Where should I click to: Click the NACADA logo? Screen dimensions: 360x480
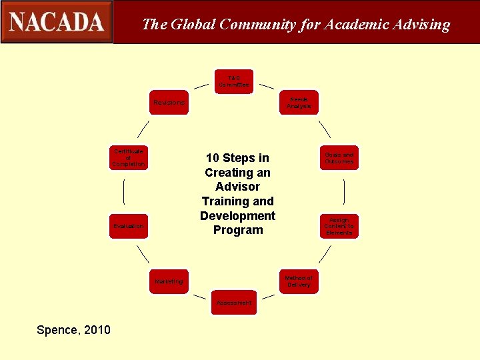tap(57, 22)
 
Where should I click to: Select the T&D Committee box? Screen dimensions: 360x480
tap(234, 81)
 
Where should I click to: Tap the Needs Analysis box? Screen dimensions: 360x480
tap(299, 103)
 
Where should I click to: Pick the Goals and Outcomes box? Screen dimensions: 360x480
tap(339, 158)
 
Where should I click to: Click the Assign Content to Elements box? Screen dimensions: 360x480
tap(339, 226)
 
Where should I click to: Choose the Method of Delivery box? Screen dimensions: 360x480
tap(299, 281)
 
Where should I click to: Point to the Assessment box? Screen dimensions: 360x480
tap(234, 303)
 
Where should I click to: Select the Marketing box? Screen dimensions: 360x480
tap(169, 281)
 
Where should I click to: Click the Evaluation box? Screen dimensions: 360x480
tap(129, 226)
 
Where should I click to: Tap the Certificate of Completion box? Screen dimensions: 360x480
tap(129, 158)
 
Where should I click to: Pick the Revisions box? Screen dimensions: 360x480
tap(169, 103)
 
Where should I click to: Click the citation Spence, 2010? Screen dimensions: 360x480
tap(74, 330)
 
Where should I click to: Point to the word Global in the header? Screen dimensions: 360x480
tap(193, 25)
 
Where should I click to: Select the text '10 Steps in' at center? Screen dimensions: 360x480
tap(237, 158)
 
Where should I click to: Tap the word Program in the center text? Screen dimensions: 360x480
tap(238, 230)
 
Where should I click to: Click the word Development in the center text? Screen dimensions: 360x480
tap(237, 215)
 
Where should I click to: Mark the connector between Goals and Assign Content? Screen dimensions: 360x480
tap(344, 192)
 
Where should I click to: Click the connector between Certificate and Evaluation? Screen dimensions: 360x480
tap(124, 192)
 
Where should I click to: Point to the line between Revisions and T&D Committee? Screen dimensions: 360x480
tap(201, 86)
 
